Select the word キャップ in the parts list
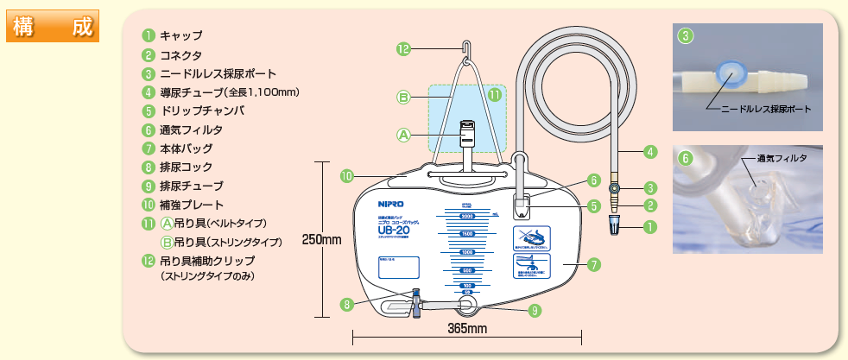pyautogui.click(x=181, y=35)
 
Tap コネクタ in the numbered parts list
pyautogui.click(x=180, y=54)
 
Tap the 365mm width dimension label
pyautogui.click(x=467, y=329)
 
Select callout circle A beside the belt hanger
pyautogui.click(x=402, y=135)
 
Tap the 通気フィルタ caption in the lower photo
pyautogui.click(x=782, y=159)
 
